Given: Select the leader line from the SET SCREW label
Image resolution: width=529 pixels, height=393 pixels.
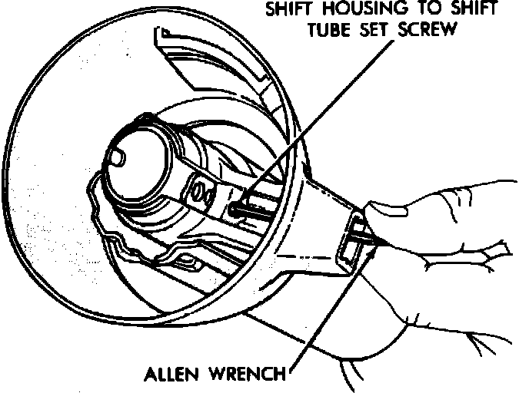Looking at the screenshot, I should coord(338,115).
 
